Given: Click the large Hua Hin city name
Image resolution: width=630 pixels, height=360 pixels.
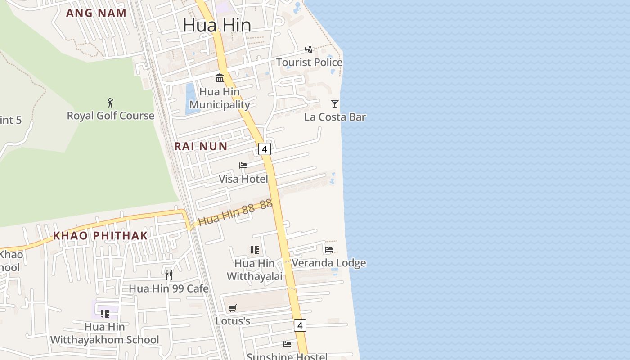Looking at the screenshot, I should (x=216, y=25).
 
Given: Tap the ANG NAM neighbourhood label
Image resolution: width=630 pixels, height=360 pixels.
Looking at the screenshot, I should (x=96, y=13).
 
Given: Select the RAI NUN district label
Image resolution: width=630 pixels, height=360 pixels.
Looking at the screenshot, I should (x=201, y=146).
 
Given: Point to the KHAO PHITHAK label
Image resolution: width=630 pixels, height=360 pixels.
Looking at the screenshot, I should (x=100, y=235).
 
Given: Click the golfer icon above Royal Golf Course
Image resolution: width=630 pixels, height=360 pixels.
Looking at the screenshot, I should (x=110, y=103).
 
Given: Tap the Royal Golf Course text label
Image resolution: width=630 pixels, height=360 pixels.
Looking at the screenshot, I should (x=111, y=116).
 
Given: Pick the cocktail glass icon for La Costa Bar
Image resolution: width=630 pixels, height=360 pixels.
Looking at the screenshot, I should (x=334, y=104).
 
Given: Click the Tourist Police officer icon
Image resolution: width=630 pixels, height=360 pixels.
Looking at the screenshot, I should (x=309, y=49).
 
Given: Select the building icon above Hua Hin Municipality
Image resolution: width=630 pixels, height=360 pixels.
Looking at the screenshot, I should (x=220, y=78).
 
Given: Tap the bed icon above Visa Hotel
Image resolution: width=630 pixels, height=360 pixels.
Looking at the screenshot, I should (x=243, y=166).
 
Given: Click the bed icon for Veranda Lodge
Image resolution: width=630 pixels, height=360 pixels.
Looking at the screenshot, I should (x=329, y=250).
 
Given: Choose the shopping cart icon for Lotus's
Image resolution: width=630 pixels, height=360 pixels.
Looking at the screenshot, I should (x=232, y=308).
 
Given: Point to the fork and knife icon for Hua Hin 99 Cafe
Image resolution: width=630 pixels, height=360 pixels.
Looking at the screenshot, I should (x=169, y=275).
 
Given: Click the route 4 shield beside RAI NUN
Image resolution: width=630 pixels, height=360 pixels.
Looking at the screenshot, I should (x=265, y=149).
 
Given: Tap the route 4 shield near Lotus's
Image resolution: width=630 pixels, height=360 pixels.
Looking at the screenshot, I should (x=300, y=325).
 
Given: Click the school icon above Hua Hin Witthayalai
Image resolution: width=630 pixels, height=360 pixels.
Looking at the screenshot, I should (x=255, y=250).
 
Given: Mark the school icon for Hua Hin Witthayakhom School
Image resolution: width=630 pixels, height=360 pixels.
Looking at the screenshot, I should (x=105, y=313).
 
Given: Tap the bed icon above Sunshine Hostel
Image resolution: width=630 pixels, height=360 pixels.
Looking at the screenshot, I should (x=287, y=344).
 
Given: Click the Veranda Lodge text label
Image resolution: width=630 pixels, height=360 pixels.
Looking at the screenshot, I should (x=329, y=263).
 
